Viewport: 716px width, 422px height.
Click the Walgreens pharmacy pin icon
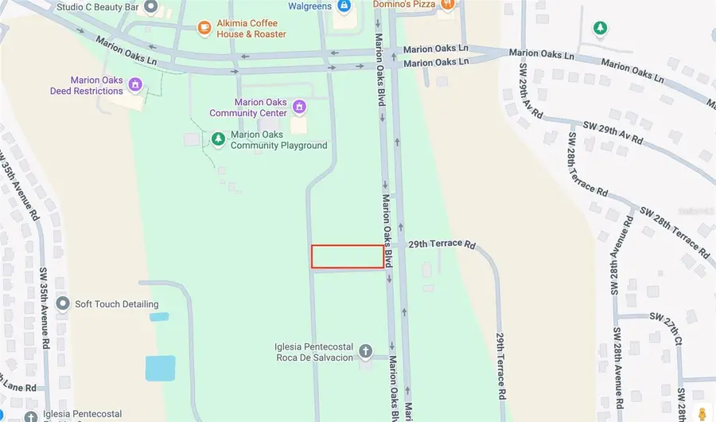click(344, 6)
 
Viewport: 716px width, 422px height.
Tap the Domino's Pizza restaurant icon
click(448, 4)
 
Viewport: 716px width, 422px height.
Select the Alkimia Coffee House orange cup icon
click(204, 29)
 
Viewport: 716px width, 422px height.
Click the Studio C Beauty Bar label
click(96, 8)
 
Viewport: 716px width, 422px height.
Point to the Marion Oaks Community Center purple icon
click(299, 107)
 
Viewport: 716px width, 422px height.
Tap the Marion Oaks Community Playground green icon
click(217, 140)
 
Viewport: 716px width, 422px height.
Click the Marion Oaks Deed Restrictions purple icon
click(135, 84)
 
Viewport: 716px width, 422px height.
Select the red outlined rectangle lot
click(347, 256)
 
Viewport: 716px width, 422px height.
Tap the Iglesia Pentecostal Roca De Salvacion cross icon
click(365, 351)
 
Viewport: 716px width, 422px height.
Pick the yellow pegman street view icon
click(702, 413)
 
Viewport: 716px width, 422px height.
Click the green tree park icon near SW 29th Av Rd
click(601, 29)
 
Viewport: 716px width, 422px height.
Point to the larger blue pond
click(161, 368)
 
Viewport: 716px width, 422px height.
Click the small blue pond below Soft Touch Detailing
click(159, 316)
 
